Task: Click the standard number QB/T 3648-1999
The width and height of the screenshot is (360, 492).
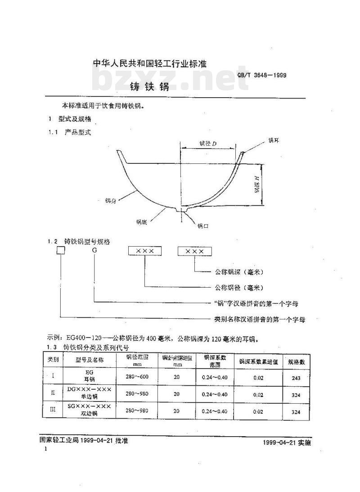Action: tap(261, 75)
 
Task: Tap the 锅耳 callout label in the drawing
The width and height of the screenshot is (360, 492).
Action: tap(274, 141)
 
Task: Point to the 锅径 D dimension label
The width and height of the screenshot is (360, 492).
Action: tap(208, 144)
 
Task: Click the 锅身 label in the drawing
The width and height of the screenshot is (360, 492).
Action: tap(110, 201)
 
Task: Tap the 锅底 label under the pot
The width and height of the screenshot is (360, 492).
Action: tap(141, 221)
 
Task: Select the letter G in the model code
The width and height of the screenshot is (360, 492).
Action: tap(94, 251)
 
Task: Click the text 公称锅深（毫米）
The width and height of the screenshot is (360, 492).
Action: tap(238, 272)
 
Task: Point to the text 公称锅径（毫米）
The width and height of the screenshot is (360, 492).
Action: tap(238, 287)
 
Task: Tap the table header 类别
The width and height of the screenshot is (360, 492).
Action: tap(53, 360)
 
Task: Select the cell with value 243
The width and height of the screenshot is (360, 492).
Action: tap(296, 378)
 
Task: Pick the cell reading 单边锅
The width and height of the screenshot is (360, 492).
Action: tap(89, 397)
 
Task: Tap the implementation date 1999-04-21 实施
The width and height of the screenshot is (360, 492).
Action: tap(286, 443)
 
